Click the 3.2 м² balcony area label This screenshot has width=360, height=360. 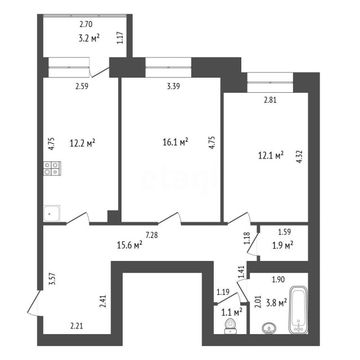click(89, 38)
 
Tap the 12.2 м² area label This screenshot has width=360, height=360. click(82, 143)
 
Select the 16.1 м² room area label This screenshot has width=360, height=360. click(175, 143)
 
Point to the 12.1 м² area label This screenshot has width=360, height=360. click(271, 155)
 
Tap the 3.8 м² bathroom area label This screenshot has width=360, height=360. click(276, 301)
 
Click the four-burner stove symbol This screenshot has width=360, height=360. click(52, 167)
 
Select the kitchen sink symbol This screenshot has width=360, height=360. click(52, 213)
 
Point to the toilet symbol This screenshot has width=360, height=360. click(229, 326)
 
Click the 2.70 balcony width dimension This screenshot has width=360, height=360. click(85, 24)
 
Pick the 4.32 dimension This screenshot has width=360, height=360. click(299, 155)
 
